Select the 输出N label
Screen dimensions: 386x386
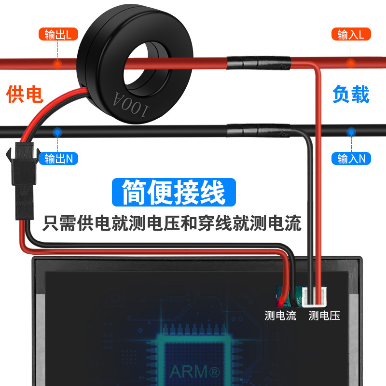pyautogui.click(x=58, y=158)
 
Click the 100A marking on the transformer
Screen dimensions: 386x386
pyautogui.click(x=132, y=102)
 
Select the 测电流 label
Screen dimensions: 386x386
pyautogui.click(x=280, y=316)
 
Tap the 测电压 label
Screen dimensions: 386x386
pyautogui.click(x=324, y=316)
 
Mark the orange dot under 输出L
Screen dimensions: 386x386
pyautogui.click(x=57, y=63)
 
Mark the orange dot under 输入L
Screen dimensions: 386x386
pyautogui.click(x=351, y=63)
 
